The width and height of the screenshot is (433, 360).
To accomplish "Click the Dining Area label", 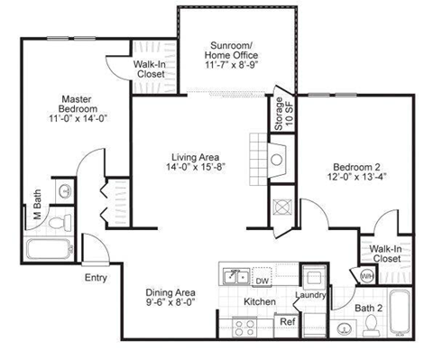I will (x=171, y=292).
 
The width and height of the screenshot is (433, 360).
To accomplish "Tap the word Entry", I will (x=97, y=278).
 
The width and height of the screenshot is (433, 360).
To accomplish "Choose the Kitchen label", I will (x=259, y=301).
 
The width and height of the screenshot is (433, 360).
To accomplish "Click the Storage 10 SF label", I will (x=279, y=115).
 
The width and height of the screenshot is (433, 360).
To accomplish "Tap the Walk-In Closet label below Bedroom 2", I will (x=386, y=253).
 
